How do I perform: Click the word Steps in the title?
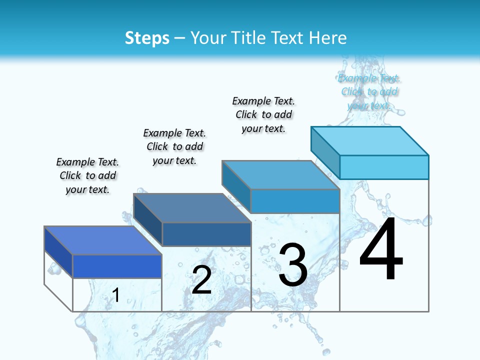(x=147, y=38)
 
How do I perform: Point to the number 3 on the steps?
(x=293, y=265)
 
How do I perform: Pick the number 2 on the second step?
(x=201, y=280)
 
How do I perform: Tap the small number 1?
(x=116, y=295)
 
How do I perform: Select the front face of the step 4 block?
(x=384, y=167)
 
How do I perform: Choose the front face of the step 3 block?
(x=295, y=201)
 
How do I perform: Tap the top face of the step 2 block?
(x=192, y=208)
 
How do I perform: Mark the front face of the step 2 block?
(x=206, y=234)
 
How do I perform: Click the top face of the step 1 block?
(x=103, y=240)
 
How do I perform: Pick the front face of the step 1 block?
(x=117, y=266)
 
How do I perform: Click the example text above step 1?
(x=87, y=176)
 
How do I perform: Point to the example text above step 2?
(x=174, y=147)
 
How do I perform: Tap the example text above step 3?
(x=263, y=115)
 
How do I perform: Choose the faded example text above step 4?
(x=369, y=92)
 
